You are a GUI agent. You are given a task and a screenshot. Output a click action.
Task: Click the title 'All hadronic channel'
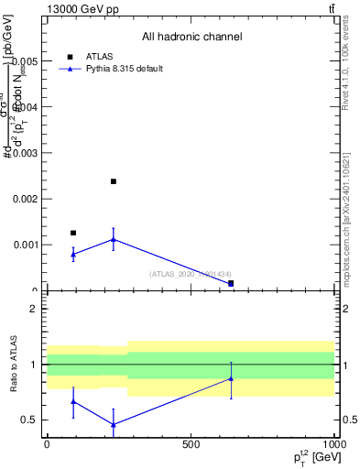coord(191,37)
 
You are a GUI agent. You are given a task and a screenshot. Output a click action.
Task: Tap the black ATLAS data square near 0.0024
coord(114,181)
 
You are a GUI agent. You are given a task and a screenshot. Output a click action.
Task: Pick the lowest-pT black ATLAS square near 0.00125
coord(73,233)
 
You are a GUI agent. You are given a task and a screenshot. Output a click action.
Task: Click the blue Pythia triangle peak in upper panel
coord(114,239)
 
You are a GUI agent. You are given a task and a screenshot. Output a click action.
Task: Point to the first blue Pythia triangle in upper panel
coord(73,254)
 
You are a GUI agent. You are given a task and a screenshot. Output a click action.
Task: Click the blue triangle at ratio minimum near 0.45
coord(114,424)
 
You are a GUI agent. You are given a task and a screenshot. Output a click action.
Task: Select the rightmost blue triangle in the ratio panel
coord(231,378)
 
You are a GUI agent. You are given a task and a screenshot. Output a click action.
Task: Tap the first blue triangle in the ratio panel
coord(73,401)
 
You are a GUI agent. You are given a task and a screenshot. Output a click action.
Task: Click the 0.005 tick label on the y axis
coord(24,60)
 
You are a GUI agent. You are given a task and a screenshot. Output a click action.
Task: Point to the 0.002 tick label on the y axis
coord(24,199)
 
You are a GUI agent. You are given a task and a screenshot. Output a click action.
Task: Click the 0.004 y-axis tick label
coord(24,106)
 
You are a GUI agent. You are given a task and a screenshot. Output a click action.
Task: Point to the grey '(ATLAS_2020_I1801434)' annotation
coord(191,274)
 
